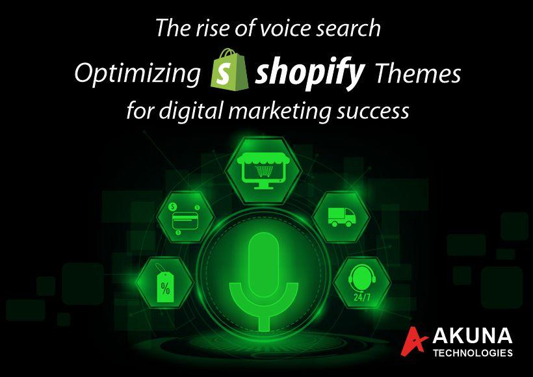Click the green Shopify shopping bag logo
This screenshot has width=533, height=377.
click(230, 70)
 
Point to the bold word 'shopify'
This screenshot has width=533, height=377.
click(310, 73)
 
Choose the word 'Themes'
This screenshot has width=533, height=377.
click(418, 73)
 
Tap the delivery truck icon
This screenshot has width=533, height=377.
click(342, 217)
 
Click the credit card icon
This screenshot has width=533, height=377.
click(185, 218)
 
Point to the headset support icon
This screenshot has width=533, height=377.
click(362, 278)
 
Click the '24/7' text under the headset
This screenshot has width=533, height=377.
click(362, 297)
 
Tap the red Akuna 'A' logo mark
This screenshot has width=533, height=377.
click(414, 341)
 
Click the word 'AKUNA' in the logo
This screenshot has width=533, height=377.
click(473, 336)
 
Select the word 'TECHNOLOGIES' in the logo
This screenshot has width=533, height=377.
click(473, 352)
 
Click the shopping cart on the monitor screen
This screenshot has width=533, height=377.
click(264, 171)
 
